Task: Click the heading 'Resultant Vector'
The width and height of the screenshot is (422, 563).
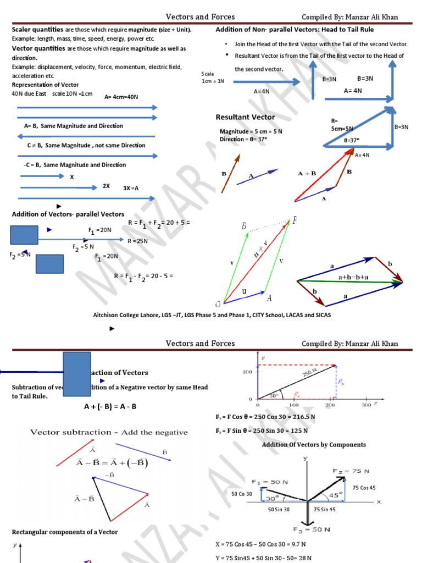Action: coord(246,117)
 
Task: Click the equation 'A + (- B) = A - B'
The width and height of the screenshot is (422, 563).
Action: coord(110,407)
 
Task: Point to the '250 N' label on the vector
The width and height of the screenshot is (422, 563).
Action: coord(310,375)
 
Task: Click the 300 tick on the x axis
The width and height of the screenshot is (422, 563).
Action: coord(367,405)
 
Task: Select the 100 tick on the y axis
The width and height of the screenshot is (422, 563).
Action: coord(247,372)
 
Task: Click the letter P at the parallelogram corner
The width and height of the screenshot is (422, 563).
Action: coord(295,221)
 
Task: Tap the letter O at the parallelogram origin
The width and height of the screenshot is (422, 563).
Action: coord(218,304)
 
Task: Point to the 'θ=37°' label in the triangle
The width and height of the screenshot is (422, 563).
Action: coord(351,140)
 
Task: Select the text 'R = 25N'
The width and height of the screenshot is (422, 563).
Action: coord(137,241)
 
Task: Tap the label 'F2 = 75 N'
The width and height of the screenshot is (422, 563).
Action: coord(351,471)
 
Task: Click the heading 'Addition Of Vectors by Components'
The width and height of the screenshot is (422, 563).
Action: coord(314,445)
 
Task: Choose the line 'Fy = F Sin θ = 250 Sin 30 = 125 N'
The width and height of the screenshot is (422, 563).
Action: coord(264,431)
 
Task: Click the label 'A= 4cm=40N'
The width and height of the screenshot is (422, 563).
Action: coord(121,97)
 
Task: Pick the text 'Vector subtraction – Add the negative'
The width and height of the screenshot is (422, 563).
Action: coord(109,433)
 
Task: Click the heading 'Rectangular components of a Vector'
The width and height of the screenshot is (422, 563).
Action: coord(65,532)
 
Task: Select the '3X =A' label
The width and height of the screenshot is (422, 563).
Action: coord(131,188)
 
